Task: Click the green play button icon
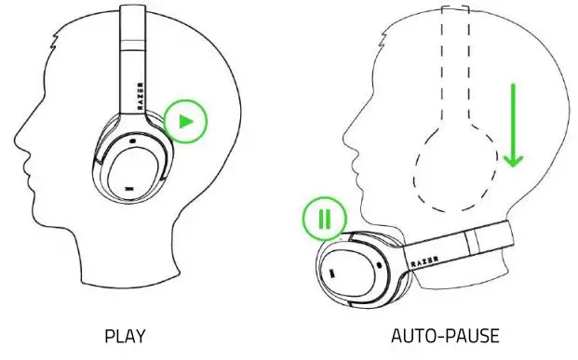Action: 186,121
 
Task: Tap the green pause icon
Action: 324,219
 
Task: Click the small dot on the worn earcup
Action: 133,141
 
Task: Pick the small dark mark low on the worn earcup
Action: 127,189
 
